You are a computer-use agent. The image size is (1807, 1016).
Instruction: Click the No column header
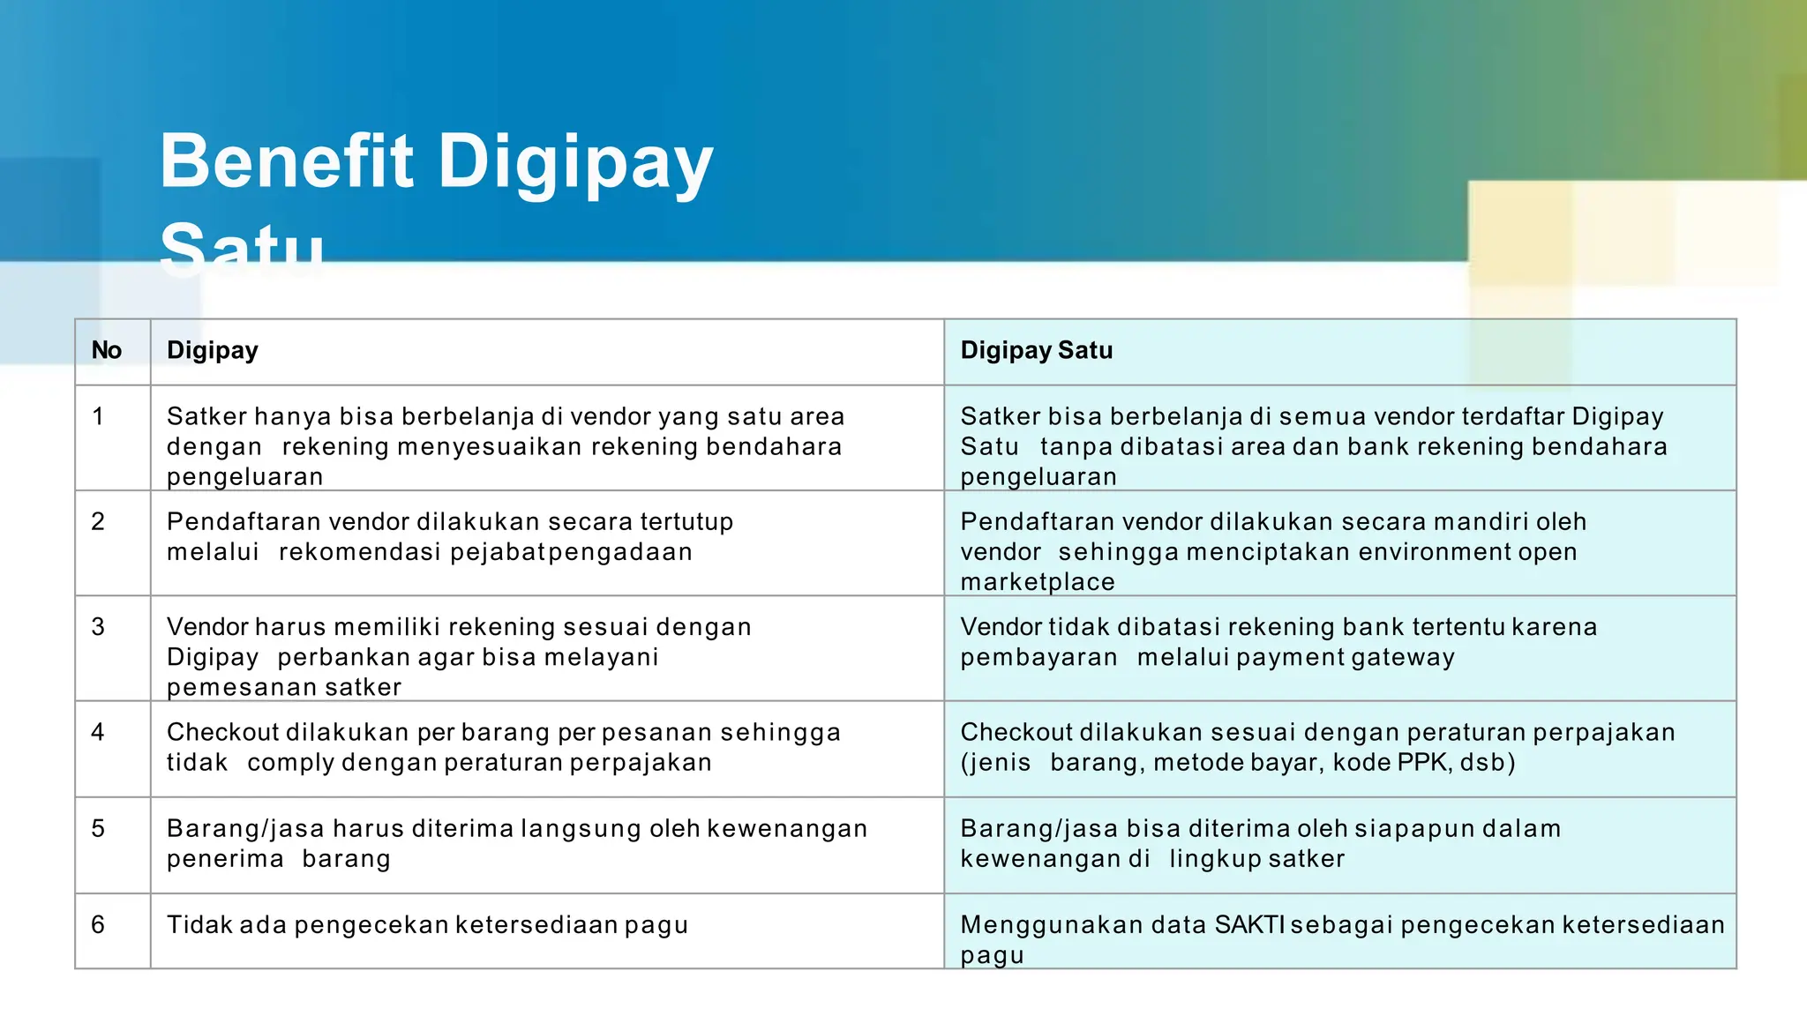107,350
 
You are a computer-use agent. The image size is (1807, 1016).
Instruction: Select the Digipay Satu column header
1036,350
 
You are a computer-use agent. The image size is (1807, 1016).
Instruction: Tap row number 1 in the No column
98,416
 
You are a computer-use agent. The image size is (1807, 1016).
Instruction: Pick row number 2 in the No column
98,521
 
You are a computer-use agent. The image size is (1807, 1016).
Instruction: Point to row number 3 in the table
98,627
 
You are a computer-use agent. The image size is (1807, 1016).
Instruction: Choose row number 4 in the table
98,732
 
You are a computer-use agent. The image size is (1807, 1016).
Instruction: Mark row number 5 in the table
98,828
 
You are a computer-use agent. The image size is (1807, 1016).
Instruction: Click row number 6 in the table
98,924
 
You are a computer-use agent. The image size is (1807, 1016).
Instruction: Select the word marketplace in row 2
1038,582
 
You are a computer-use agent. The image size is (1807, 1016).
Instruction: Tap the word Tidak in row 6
199,924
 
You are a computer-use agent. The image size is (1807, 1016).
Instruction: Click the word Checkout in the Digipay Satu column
1016,732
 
